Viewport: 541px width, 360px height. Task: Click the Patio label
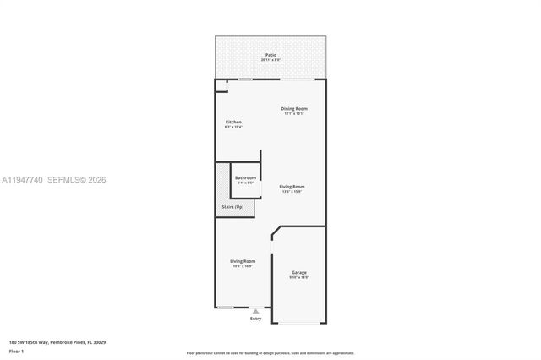click(x=270, y=55)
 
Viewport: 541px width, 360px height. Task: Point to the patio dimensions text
click(x=270, y=60)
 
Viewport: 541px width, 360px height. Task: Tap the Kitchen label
click(x=233, y=123)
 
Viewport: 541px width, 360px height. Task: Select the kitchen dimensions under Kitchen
click(x=233, y=128)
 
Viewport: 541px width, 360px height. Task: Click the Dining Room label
click(x=294, y=108)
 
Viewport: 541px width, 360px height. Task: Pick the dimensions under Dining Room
click(x=294, y=113)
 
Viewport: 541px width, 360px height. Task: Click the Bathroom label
click(x=245, y=177)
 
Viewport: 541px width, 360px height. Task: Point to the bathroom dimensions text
click(x=245, y=183)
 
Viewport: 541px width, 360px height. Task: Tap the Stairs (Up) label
click(x=232, y=206)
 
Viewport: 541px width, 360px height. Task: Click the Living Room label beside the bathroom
click(x=292, y=186)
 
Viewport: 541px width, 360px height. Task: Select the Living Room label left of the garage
click(x=243, y=261)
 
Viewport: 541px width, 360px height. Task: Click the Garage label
click(x=299, y=272)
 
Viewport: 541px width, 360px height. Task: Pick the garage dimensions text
click(x=299, y=277)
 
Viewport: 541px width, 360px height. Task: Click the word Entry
click(x=255, y=319)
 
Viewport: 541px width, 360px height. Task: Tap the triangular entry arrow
click(x=255, y=311)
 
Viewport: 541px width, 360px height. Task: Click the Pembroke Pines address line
click(x=57, y=341)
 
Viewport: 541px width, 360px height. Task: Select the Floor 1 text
click(x=15, y=350)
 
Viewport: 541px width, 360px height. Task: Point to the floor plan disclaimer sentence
click(x=270, y=352)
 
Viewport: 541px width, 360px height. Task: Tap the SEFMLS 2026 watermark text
click(x=79, y=180)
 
